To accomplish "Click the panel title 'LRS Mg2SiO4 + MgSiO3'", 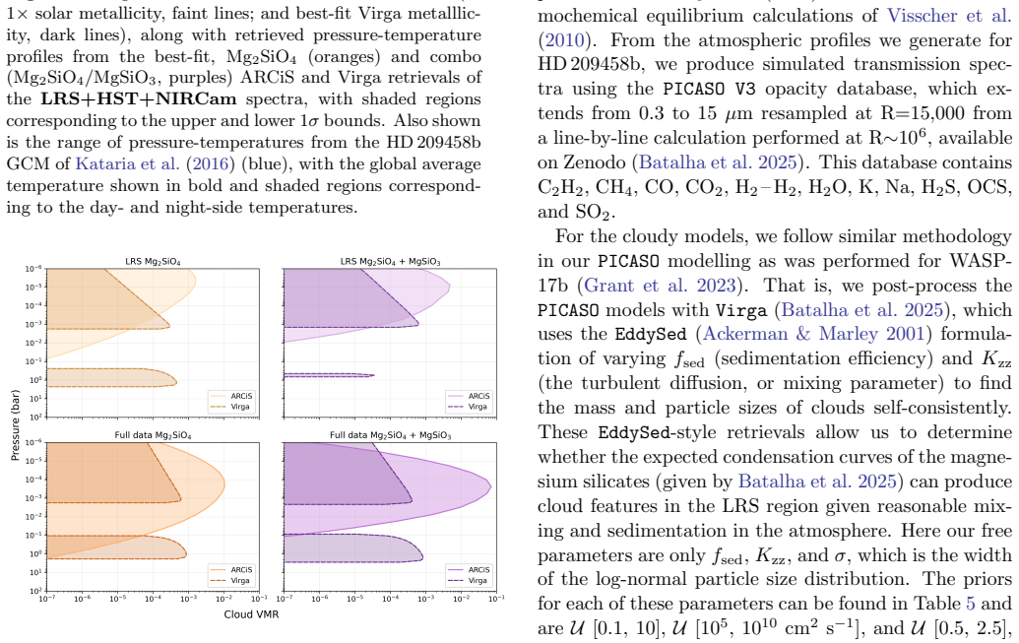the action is (x=390, y=261).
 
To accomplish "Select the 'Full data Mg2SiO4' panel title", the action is (x=153, y=435).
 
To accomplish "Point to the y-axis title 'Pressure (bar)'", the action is (x=15, y=425).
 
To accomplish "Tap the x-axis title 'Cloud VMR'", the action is (x=251, y=613).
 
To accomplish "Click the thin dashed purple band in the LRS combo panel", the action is (x=329, y=375).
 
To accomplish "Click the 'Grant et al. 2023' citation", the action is (x=660, y=286).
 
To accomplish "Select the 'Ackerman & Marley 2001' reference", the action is (x=813, y=334).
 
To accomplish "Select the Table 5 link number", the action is (x=970, y=604).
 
